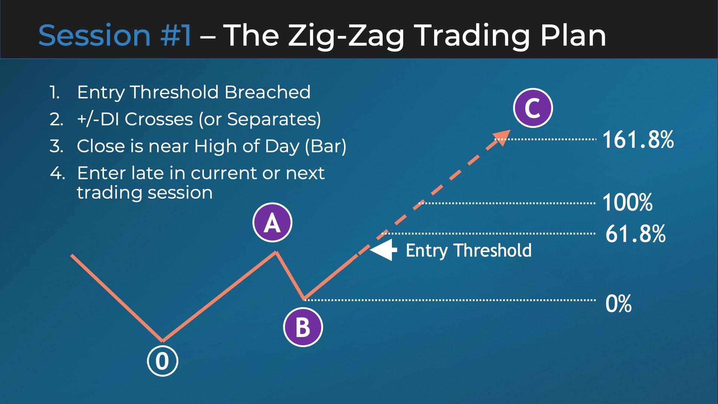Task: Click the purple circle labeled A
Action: click(x=272, y=223)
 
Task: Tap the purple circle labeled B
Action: click(x=303, y=327)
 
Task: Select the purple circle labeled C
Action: click(x=533, y=108)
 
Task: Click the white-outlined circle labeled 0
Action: click(x=162, y=361)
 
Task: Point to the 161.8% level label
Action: click(x=638, y=140)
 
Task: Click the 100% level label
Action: click(x=628, y=202)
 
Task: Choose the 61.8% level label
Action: click(x=635, y=234)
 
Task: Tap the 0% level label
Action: click(x=619, y=303)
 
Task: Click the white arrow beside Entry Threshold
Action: click(x=383, y=250)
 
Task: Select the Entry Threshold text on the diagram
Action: click(x=469, y=250)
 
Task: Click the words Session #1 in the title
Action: click(x=115, y=35)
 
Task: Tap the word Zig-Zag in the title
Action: click(x=346, y=36)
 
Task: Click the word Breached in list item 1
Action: click(x=267, y=92)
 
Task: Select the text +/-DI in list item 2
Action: click(x=98, y=119)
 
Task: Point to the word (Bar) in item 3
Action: click(x=326, y=146)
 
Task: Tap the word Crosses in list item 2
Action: click(x=159, y=119)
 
